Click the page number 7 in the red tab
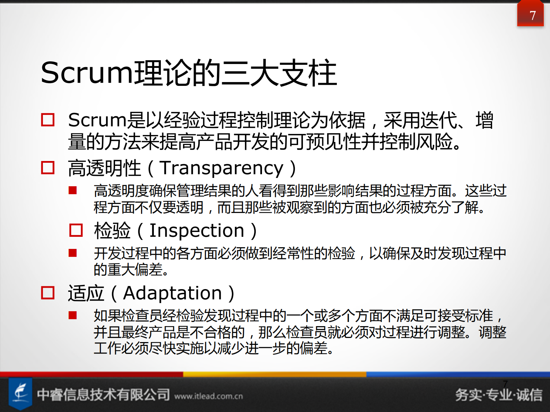point(533,15)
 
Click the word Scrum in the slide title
point(87,73)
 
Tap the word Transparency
point(222,168)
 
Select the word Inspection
point(197,231)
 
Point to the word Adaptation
point(173,294)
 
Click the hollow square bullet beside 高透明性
point(48,168)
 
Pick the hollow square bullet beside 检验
point(76,230)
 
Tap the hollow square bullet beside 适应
point(48,293)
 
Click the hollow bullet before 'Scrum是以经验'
point(48,120)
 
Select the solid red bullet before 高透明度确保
point(73,190)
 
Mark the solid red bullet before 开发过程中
point(73,253)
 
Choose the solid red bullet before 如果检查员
point(73,315)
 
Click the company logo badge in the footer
point(20,394)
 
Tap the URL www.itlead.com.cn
point(209,396)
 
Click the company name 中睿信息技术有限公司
point(103,394)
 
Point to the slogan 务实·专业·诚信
point(499,395)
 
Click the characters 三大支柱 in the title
point(279,73)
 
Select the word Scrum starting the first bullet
point(97,120)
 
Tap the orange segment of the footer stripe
point(274,374)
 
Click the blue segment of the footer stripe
point(457,374)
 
